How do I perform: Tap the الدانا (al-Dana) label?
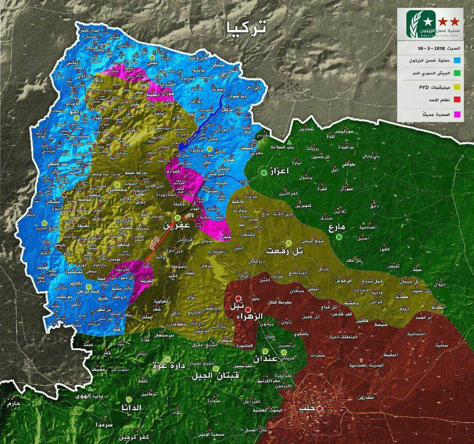[x=130, y=407]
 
